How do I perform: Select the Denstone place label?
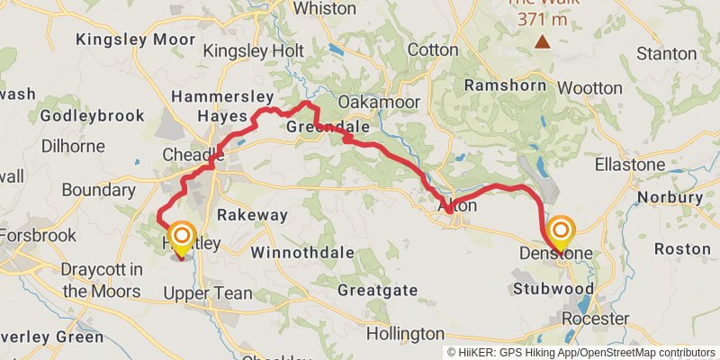(556, 254)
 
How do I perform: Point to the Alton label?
(456, 206)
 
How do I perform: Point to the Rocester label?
(595, 319)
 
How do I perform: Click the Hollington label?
(406, 333)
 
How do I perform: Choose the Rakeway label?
(252, 215)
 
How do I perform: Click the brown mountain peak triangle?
(543, 41)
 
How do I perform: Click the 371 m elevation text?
(543, 19)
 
